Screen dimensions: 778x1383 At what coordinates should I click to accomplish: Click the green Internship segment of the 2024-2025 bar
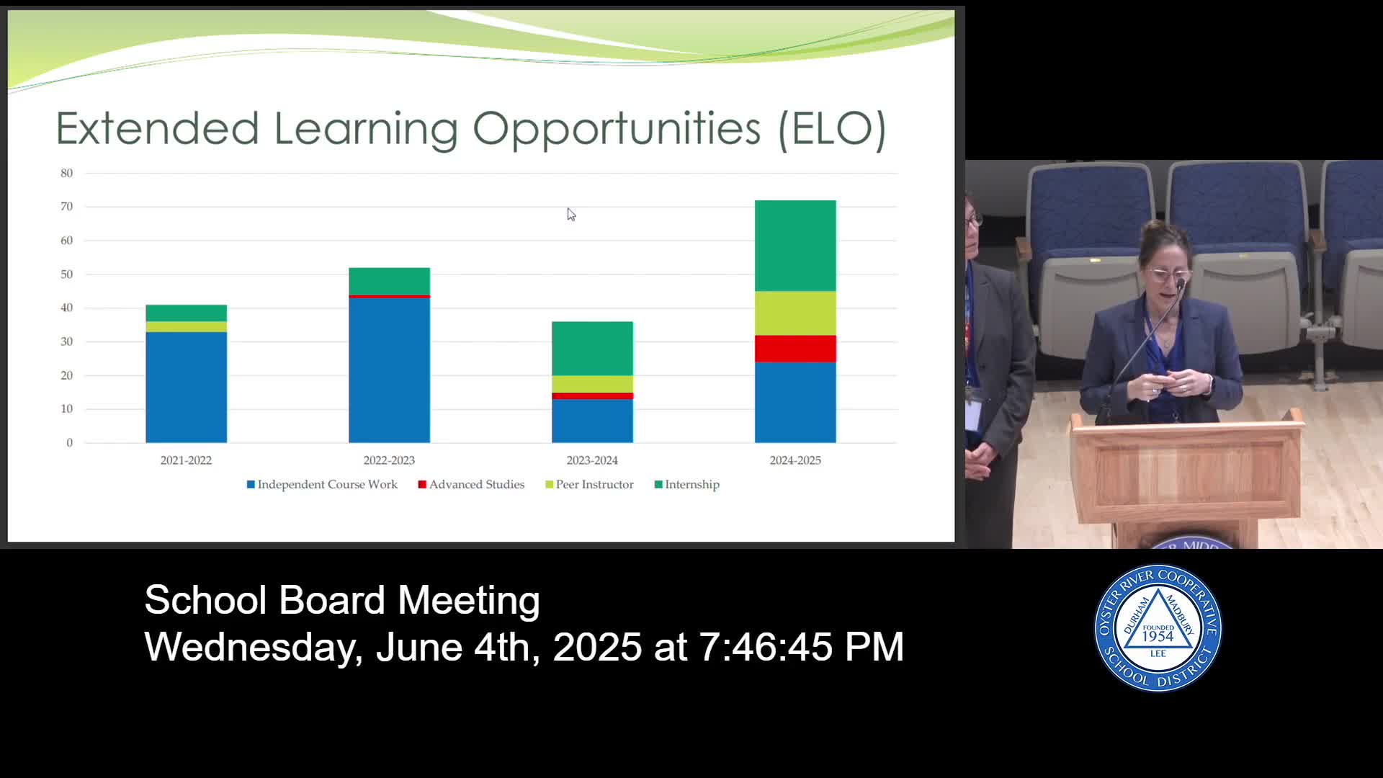(795, 246)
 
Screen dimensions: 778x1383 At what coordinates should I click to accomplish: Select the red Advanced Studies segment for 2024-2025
(795, 349)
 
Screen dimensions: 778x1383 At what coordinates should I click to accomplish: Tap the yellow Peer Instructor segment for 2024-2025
(795, 313)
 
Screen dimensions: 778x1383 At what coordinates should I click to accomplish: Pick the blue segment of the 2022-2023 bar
(389, 370)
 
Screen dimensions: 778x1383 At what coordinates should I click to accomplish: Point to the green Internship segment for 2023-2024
(592, 349)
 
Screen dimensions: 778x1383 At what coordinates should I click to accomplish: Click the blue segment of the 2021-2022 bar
(186, 388)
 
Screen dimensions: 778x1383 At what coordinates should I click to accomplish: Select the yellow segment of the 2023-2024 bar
(592, 384)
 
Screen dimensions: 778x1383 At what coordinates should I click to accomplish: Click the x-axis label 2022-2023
(389, 460)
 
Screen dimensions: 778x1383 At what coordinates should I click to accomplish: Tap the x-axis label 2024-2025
(795, 460)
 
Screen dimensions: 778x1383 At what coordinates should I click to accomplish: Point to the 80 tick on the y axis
(67, 173)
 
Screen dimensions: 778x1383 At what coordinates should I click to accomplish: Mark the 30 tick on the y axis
(67, 341)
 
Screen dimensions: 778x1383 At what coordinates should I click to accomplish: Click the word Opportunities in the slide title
(617, 130)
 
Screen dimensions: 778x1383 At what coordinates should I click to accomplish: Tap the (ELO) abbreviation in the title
(832, 130)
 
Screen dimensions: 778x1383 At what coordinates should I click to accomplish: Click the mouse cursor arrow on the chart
(570, 214)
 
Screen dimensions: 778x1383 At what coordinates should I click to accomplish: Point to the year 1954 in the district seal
(1158, 637)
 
